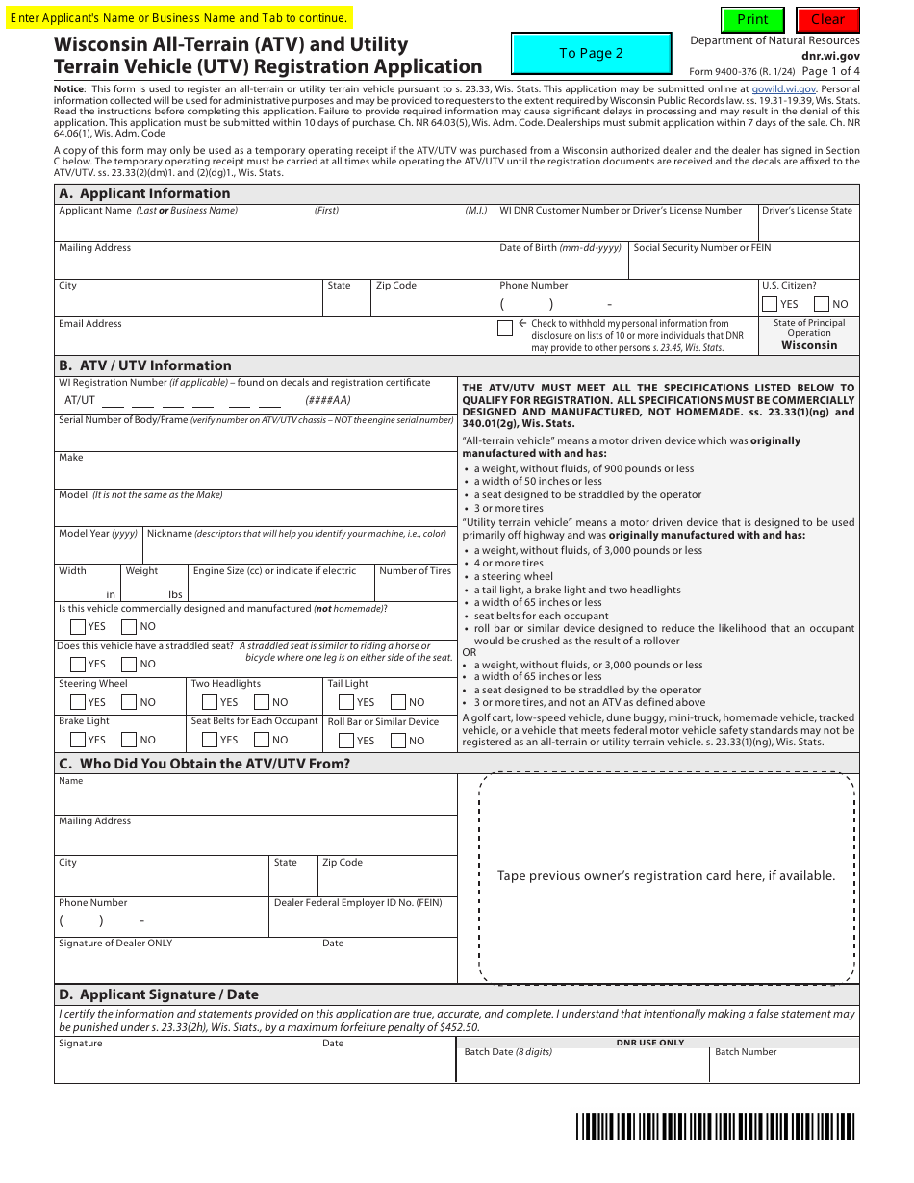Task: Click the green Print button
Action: point(752,19)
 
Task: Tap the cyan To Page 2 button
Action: point(591,54)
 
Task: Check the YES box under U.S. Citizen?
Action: point(770,304)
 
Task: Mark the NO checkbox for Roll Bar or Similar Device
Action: point(397,741)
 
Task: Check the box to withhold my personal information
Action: point(505,328)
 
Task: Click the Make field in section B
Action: point(255,475)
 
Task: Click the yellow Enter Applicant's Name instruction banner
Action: point(180,18)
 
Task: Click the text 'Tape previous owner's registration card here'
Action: point(666,876)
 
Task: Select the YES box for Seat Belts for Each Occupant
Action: point(210,740)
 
